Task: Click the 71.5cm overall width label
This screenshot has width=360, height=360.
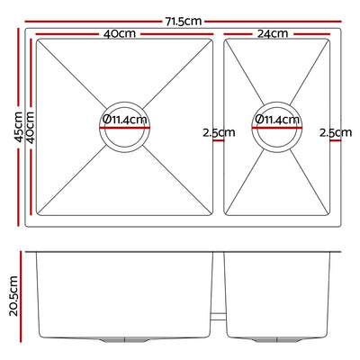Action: point(183,18)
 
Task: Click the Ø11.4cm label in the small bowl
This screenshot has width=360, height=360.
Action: point(276,119)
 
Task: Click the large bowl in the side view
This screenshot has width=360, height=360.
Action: point(126,292)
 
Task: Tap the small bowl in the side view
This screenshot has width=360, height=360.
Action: point(282,292)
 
